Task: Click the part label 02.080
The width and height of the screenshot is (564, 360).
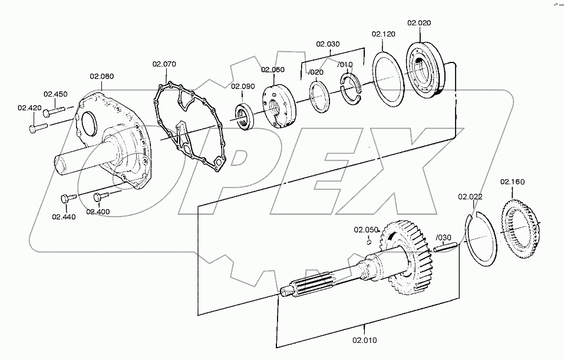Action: (102, 76)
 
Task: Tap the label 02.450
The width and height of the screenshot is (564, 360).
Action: (56, 94)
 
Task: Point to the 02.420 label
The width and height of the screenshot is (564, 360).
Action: (29, 108)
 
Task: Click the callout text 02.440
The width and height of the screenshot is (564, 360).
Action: (64, 217)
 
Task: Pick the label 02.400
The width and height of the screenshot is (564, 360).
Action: (98, 211)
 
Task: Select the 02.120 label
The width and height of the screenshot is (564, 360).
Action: (383, 35)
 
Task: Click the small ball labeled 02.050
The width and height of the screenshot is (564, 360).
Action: (368, 240)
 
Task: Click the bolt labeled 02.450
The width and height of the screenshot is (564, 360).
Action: (57, 110)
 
